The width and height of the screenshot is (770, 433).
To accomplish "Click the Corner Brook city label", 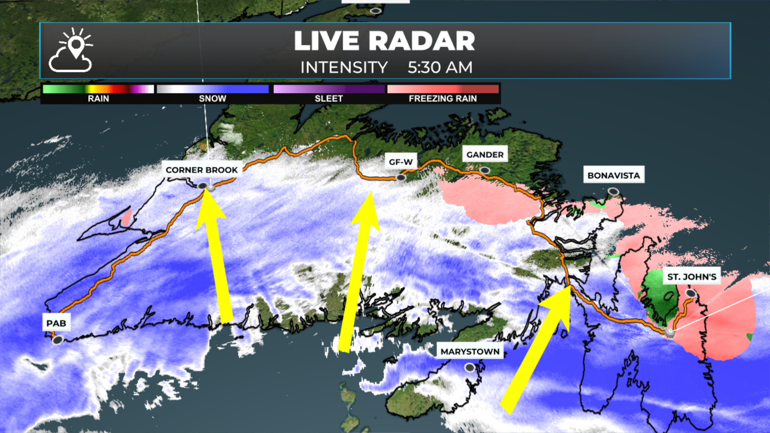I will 201,170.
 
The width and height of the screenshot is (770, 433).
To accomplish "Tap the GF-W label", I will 401,162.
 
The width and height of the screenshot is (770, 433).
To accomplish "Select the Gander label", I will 485,155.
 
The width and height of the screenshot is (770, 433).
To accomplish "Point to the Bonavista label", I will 614,176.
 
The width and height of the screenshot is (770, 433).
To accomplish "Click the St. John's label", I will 691,277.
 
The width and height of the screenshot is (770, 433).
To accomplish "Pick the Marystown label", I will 470,352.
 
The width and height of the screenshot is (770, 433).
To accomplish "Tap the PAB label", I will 56,323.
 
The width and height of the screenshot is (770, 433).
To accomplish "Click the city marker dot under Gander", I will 485,170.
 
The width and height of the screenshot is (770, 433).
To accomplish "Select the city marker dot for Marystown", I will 470,367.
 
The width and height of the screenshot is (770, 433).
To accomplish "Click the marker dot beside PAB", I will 58,340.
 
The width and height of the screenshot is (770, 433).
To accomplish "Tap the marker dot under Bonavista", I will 613,192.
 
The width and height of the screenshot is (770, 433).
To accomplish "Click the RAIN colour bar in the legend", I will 98,89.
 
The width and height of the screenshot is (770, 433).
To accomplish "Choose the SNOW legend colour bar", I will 213,89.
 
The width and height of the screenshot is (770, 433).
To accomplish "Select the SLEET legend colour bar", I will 329,89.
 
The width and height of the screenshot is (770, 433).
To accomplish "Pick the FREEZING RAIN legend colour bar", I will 443,89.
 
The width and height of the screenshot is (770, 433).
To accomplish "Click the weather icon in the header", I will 71,51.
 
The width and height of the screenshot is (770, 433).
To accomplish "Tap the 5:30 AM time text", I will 440,67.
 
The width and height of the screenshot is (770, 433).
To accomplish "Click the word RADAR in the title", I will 421,41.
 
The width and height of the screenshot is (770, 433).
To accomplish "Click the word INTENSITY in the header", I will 344,67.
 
